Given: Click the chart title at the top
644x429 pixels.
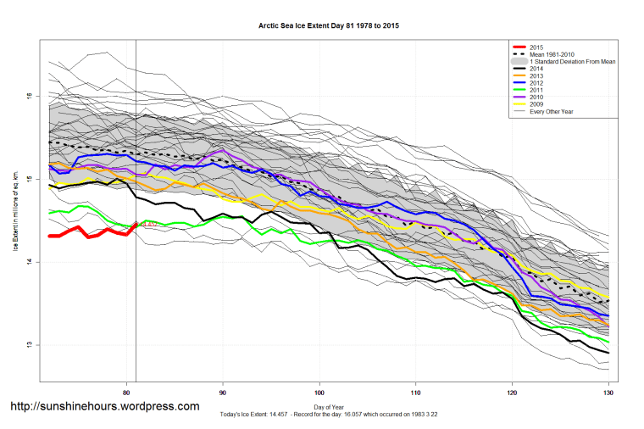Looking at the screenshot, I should [x=329, y=26].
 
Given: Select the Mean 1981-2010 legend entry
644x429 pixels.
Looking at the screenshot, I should [x=551, y=55].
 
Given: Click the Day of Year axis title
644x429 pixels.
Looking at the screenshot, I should [x=329, y=406].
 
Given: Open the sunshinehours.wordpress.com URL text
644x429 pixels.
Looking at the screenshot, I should [x=104, y=406].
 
